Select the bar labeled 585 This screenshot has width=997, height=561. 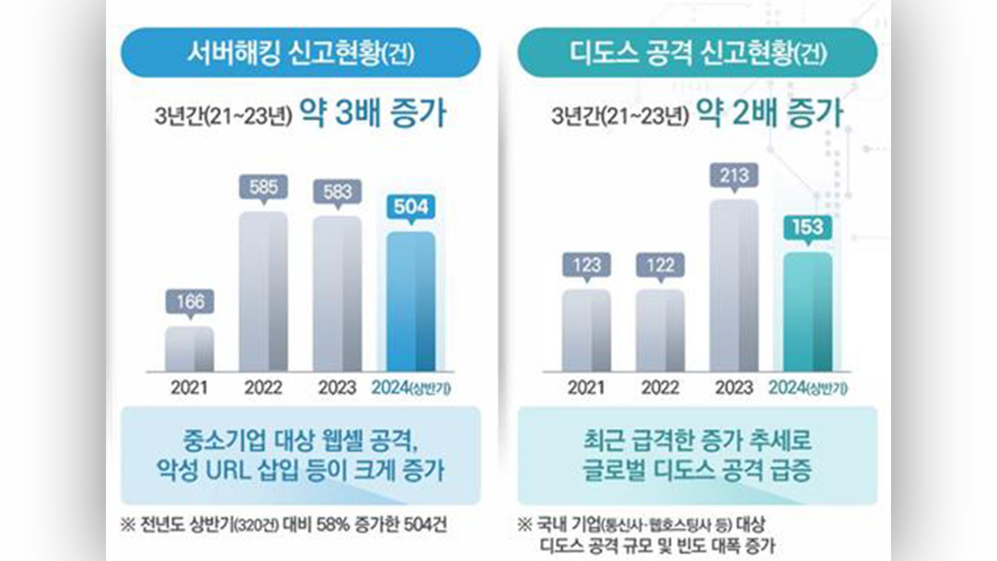(x=263, y=291)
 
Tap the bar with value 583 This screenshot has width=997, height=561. (x=337, y=294)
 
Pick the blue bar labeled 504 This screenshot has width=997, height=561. (x=410, y=302)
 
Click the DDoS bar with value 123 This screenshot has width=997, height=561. (x=587, y=330)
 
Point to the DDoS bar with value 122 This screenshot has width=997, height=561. (x=660, y=330)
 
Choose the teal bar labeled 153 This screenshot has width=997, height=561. (x=808, y=312)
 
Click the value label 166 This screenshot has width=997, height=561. (x=190, y=302)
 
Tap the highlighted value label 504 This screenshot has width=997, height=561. (x=410, y=207)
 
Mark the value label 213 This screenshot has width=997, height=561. (x=734, y=175)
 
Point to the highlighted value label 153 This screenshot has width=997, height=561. (x=808, y=228)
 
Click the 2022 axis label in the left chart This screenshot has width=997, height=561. (x=263, y=388)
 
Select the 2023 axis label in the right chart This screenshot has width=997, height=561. (x=734, y=388)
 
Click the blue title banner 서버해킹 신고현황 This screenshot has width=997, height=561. (x=301, y=53)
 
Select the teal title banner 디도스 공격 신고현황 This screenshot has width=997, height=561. (x=698, y=53)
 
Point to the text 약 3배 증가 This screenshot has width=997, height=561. (x=374, y=114)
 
